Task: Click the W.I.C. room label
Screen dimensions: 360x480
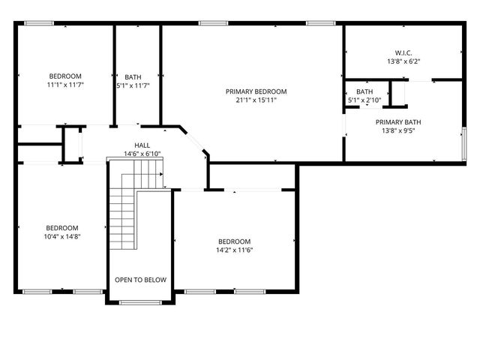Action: [403, 52]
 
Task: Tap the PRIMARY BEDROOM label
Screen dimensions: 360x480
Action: [256, 91]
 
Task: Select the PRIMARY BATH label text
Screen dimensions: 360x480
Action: [398, 121]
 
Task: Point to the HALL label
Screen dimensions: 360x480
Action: [142, 145]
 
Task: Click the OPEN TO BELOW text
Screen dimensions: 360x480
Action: [140, 280]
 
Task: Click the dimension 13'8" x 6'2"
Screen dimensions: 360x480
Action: [403, 61]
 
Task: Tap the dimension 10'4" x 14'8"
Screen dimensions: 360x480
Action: [61, 236]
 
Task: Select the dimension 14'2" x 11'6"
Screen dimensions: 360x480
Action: [234, 250]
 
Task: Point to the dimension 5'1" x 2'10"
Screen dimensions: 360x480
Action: [364, 100]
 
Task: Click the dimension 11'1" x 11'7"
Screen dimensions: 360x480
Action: [66, 85]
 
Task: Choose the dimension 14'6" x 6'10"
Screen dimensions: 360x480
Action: [142, 154]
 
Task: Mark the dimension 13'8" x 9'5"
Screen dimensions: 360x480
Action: [398, 130]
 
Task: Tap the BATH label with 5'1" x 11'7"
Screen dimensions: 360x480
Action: [133, 76]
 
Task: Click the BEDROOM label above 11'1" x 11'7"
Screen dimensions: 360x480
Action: [66, 76]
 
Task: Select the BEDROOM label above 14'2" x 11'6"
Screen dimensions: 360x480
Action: [234, 241]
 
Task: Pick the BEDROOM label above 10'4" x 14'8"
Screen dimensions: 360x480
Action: [61, 228]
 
